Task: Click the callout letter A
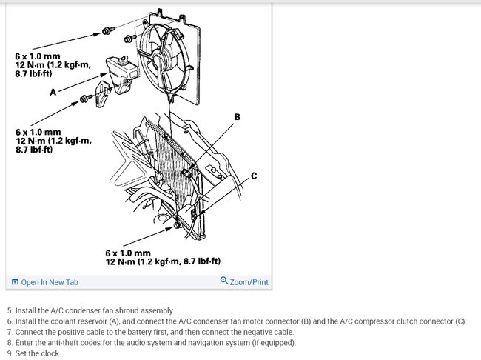pyautogui.click(x=53, y=93)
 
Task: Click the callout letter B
pyautogui.click(x=238, y=117)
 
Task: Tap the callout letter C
pyautogui.click(x=254, y=176)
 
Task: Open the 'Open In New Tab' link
pyautogui.click(x=50, y=282)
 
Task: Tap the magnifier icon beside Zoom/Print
pyautogui.click(x=224, y=281)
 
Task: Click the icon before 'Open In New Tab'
pyautogui.click(x=15, y=282)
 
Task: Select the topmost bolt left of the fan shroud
pyautogui.click(x=108, y=31)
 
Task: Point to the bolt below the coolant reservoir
pyautogui.click(x=87, y=97)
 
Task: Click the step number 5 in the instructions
pyautogui.click(x=10, y=310)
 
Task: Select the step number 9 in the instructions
pyautogui.click(x=10, y=353)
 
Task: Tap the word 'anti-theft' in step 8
pyautogui.click(x=60, y=343)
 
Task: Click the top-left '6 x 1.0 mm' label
pyautogui.click(x=36, y=56)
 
